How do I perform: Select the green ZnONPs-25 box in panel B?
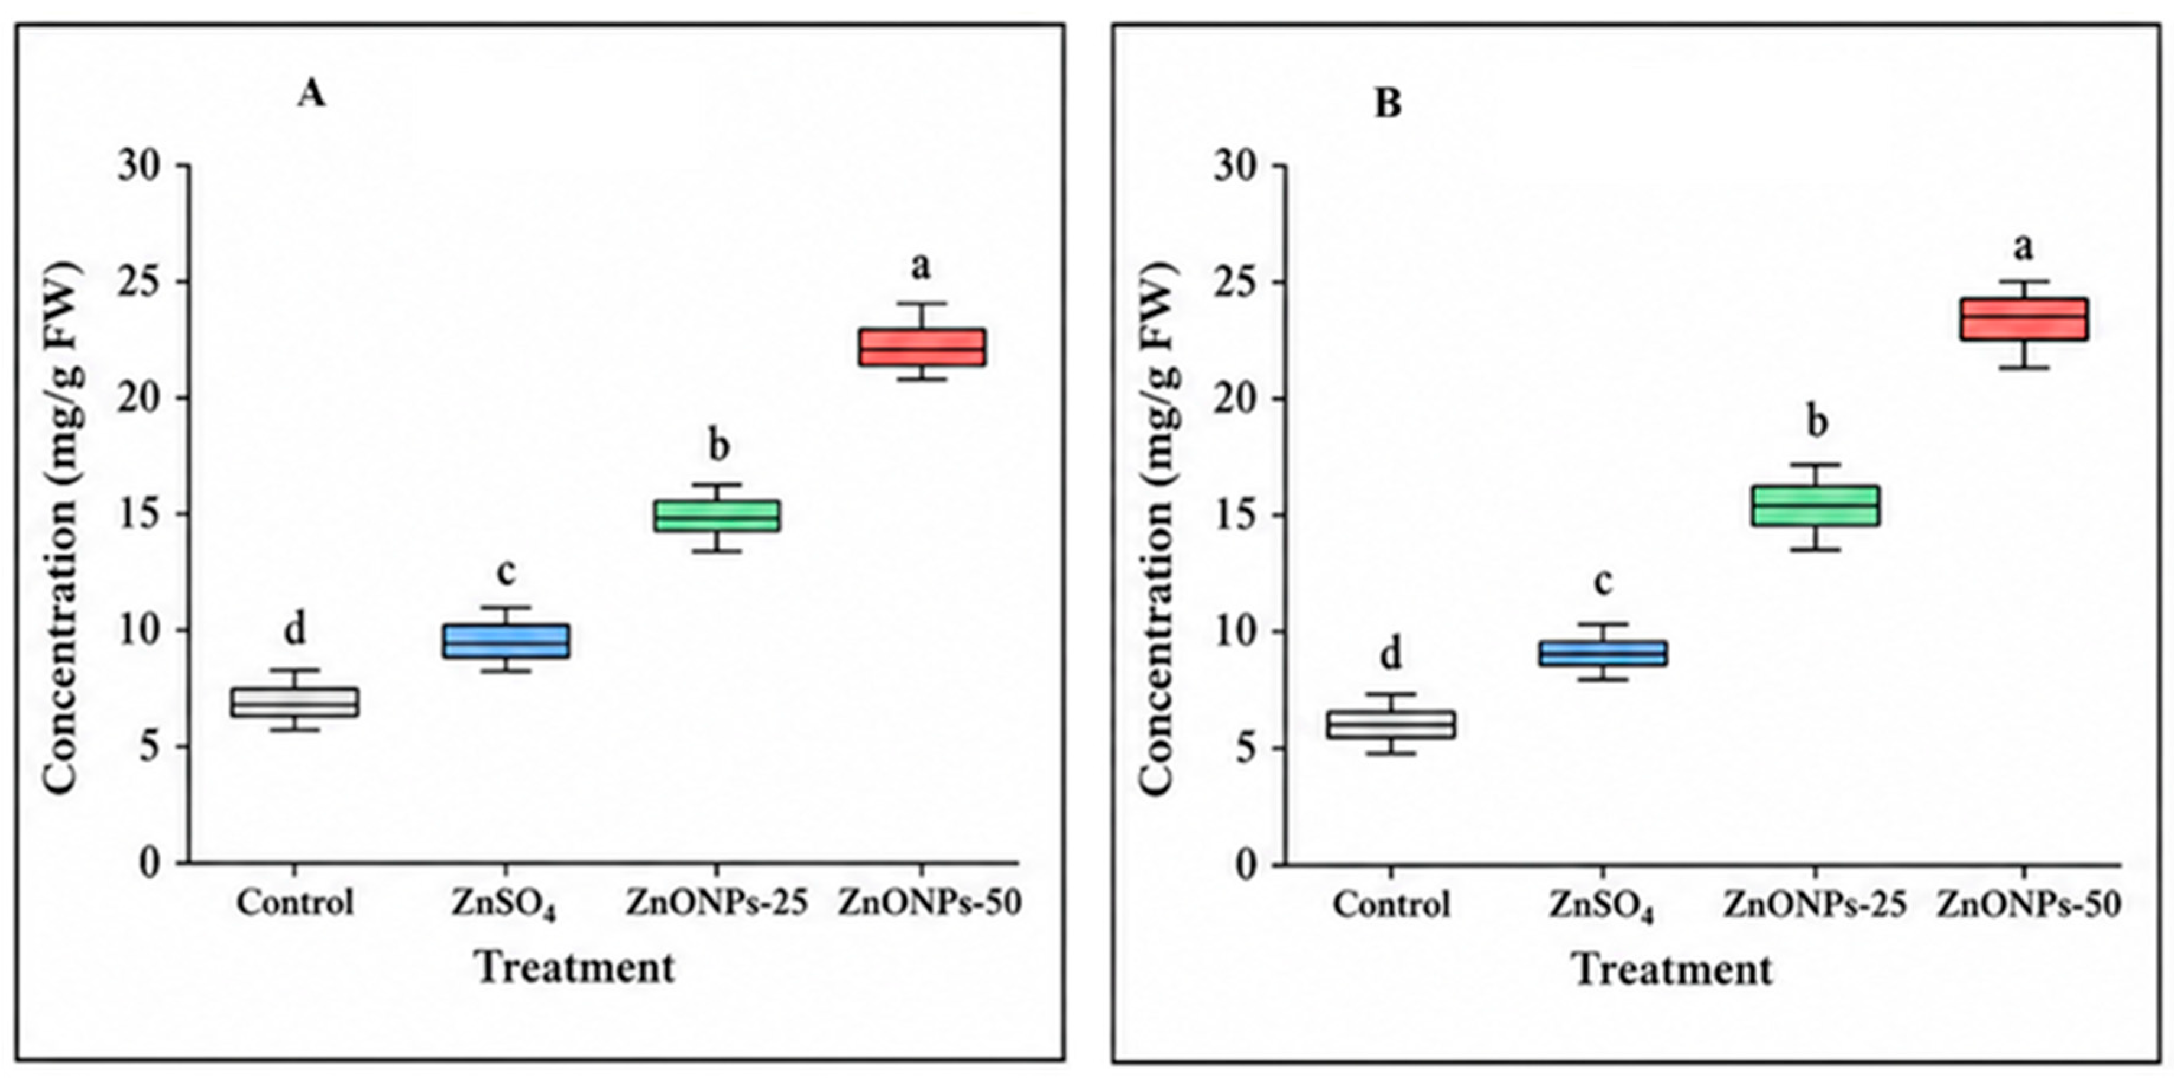(x=1816, y=506)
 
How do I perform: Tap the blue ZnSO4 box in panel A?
(x=506, y=642)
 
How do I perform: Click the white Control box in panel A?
(x=294, y=702)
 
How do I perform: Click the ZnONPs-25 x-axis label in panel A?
(x=717, y=903)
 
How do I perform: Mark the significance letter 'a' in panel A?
(x=921, y=267)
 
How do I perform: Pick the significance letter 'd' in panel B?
(x=1390, y=654)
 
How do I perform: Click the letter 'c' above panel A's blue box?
(x=506, y=573)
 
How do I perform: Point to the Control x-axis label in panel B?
(x=1392, y=905)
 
